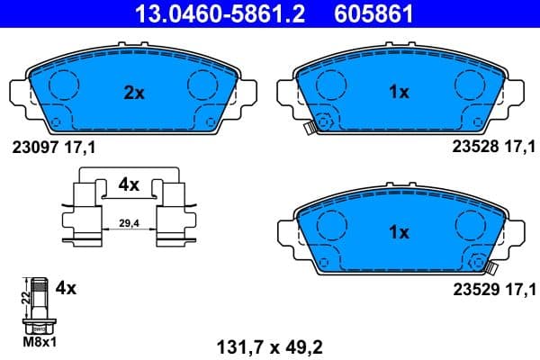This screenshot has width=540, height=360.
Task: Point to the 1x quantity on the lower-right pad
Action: [399, 231]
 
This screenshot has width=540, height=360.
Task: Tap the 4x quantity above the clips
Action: [129, 184]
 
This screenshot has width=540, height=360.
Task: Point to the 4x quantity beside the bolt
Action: [66, 289]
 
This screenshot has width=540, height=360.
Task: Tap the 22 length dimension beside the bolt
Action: [23, 294]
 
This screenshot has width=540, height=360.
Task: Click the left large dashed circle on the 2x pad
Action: [63, 85]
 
